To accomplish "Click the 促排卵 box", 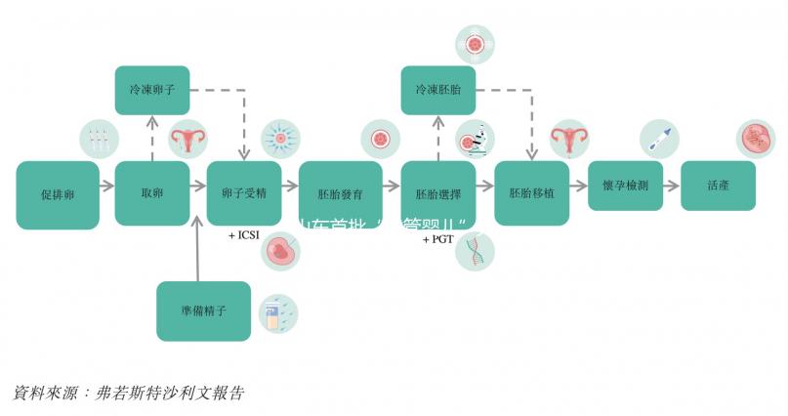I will pyautogui.click(x=58, y=194).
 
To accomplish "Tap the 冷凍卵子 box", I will pyautogui.click(x=152, y=90).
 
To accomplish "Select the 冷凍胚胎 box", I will pyautogui.click(x=438, y=90).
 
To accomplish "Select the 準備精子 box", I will pyautogui.click(x=204, y=312).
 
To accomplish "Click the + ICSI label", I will pyautogui.click(x=245, y=236).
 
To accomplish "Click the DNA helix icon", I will pyautogui.click(x=475, y=251).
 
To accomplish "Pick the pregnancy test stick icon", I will pyautogui.click(x=658, y=140).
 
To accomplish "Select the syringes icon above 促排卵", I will pyautogui.click(x=99, y=140).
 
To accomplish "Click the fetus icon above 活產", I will pyautogui.click(x=755, y=140).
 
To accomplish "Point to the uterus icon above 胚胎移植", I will pyautogui.click(x=567, y=140).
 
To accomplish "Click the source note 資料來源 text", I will pyautogui.click(x=128, y=394).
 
